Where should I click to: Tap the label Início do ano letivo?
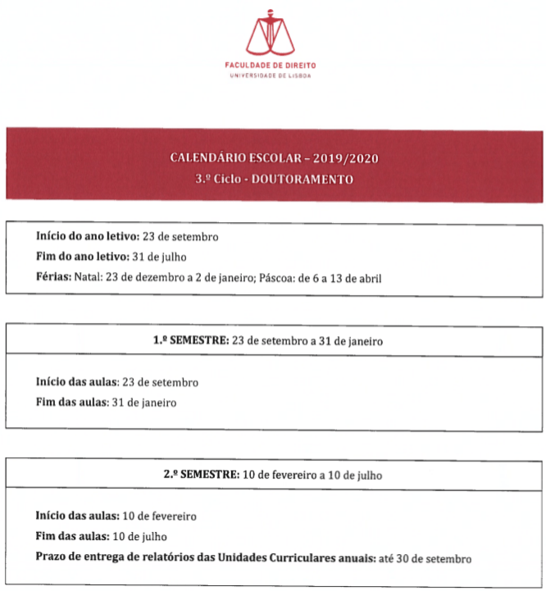click(87, 236)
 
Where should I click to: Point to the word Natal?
click(87, 278)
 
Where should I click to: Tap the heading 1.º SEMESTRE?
click(191, 340)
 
